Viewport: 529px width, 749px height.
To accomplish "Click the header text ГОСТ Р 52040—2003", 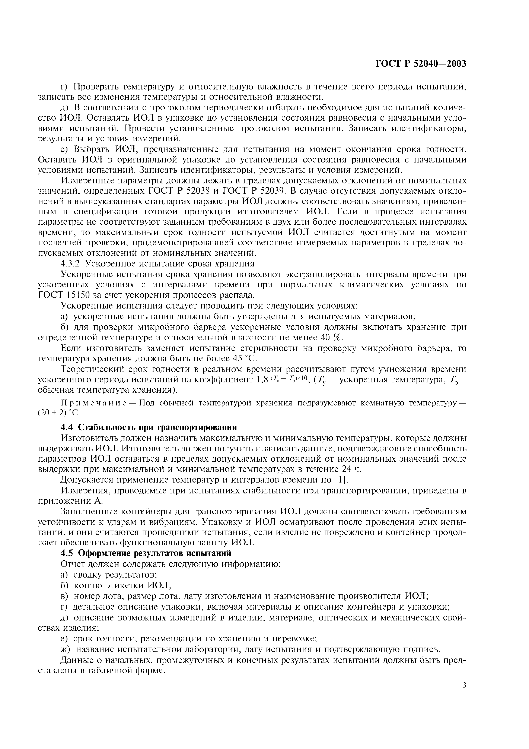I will (x=421, y=63).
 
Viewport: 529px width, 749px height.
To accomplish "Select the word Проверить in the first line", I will (x=95, y=86).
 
